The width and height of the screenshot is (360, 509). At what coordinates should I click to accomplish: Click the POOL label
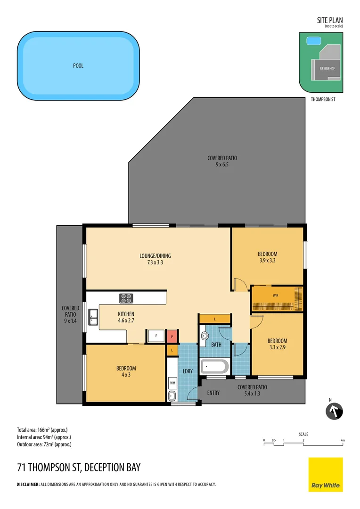78,66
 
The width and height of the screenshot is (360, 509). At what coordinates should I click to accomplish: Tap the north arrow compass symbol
335,411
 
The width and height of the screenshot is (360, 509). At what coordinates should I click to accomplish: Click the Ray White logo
326,475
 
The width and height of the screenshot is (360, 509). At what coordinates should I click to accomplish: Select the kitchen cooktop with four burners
126,298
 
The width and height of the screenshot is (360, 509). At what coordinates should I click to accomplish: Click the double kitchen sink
93,317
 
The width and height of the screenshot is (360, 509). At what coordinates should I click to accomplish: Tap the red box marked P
172,337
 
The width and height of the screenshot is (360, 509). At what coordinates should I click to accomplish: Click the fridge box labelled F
155,337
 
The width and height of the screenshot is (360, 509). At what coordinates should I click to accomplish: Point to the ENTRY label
213,393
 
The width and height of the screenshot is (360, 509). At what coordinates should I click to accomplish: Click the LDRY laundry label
188,371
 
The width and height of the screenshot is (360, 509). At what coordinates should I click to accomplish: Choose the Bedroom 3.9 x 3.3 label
268,257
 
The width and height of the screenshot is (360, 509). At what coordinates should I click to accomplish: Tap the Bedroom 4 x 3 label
126,372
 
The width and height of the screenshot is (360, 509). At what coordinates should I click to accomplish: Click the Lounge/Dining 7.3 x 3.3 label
155,259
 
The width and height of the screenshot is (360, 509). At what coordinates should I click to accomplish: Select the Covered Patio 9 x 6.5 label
222,162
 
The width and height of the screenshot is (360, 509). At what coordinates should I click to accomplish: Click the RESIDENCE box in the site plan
327,69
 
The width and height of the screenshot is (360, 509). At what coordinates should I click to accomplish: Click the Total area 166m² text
42,430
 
